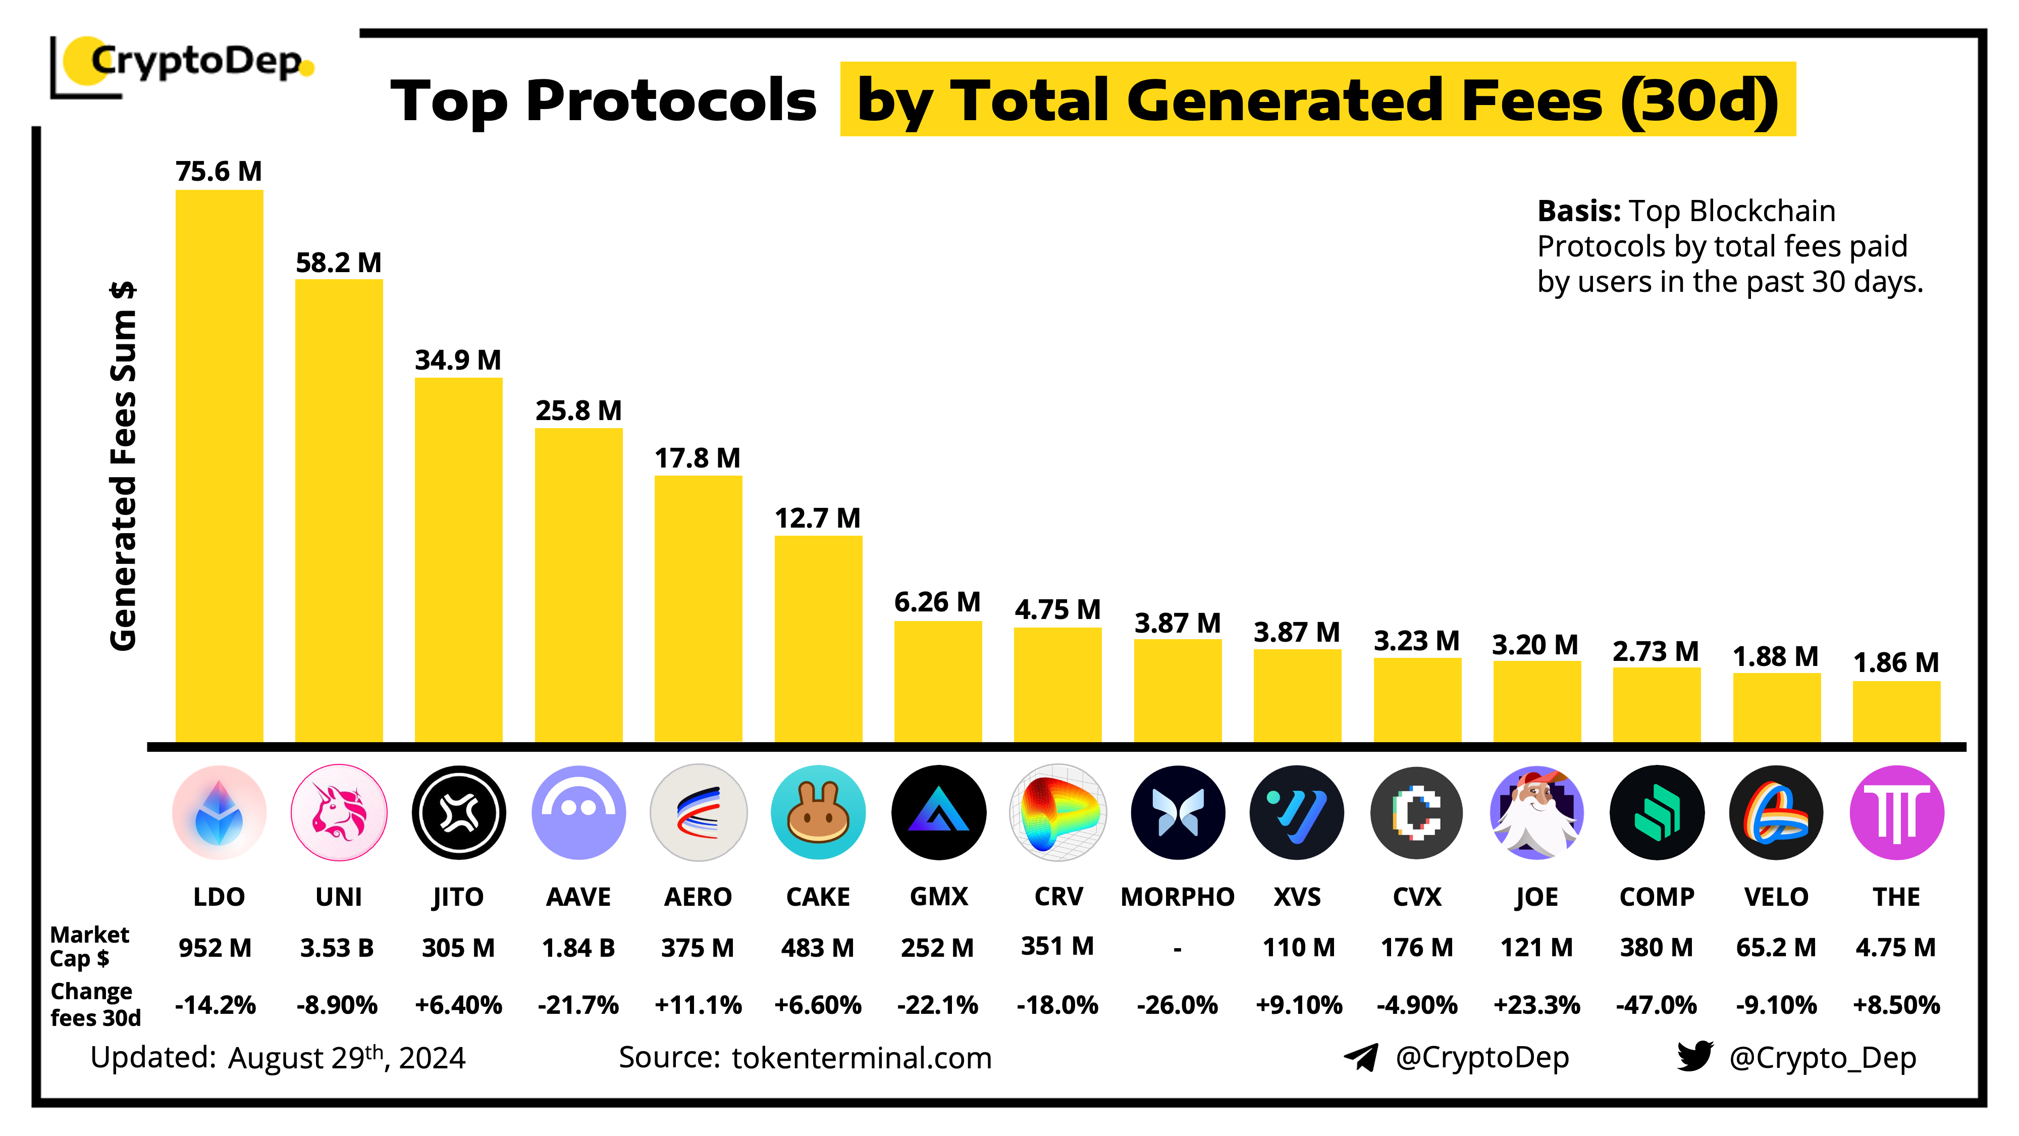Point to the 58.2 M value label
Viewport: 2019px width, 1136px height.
click(339, 263)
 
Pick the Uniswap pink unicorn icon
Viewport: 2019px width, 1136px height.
click(339, 812)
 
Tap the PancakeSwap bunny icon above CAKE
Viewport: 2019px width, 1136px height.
click(818, 812)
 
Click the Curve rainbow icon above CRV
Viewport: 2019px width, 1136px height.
click(1057, 812)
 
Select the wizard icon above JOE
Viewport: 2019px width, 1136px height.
click(1536, 812)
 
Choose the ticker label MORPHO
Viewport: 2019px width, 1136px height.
click(1177, 896)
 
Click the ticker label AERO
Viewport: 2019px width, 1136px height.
click(698, 896)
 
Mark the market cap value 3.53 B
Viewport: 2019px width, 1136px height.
click(337, 948)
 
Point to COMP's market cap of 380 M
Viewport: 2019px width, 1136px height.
click(1656, 948)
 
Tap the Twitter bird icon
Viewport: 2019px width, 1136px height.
click(1694, 1056)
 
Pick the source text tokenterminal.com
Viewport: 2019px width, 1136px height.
click(862, 1058)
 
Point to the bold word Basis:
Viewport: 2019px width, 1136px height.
click(1578, 211)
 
